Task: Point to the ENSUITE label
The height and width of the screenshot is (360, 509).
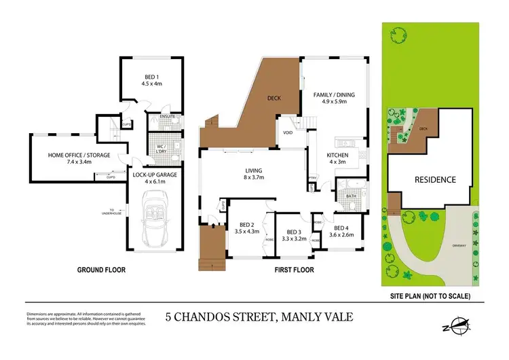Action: pos(168,118)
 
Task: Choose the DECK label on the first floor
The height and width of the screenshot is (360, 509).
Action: pos(274,98)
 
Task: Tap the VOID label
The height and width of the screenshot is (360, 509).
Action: pos(287,132)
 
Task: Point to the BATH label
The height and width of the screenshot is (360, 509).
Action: pos(351,196)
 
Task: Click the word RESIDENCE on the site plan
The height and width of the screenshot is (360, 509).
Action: pos(435,180)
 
